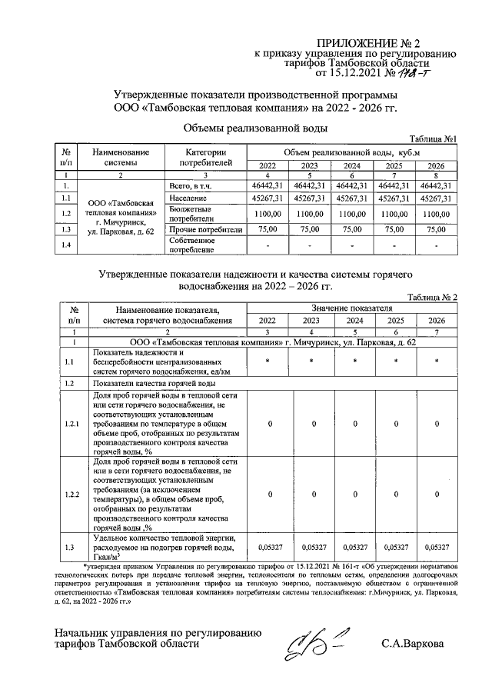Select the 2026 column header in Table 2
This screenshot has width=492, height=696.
(436, 321)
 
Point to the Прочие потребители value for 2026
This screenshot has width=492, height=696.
(436, 229)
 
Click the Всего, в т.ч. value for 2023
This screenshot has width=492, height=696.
(310, 185)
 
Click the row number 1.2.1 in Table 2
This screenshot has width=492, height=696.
(71, 424)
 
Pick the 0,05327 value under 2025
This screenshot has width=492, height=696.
(394, 548)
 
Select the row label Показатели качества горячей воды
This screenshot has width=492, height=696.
(153, 383)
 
